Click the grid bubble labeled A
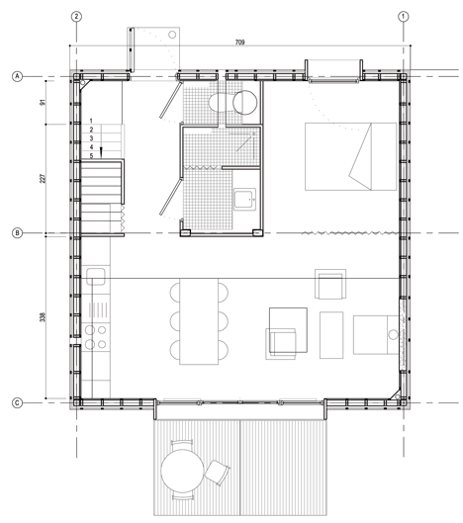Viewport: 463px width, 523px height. point(18,76)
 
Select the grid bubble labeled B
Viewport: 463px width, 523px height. point(18,232)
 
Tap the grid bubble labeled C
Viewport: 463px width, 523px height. point(18,403)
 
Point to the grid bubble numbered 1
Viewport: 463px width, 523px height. point(404,17)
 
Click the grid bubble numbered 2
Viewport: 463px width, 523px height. point(77,17)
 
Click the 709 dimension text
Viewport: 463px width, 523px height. point(239,43)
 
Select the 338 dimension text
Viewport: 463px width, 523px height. point(43,317)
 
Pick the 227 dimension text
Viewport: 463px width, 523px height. point(43,178)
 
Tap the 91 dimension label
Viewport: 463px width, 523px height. point(43,103)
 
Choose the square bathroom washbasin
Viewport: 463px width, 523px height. point(244,199)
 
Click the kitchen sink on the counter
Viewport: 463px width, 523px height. point(96,276)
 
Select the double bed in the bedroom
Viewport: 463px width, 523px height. point(350,156)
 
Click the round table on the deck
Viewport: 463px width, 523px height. point(182,471)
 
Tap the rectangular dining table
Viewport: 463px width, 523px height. point(199,321)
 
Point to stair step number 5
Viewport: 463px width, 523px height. point(91,156)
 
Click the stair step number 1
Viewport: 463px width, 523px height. point(91,121)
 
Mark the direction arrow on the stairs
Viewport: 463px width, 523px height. point(101,151)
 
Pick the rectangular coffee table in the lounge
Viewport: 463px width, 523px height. point(331,335)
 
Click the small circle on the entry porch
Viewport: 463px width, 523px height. point(172,35)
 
